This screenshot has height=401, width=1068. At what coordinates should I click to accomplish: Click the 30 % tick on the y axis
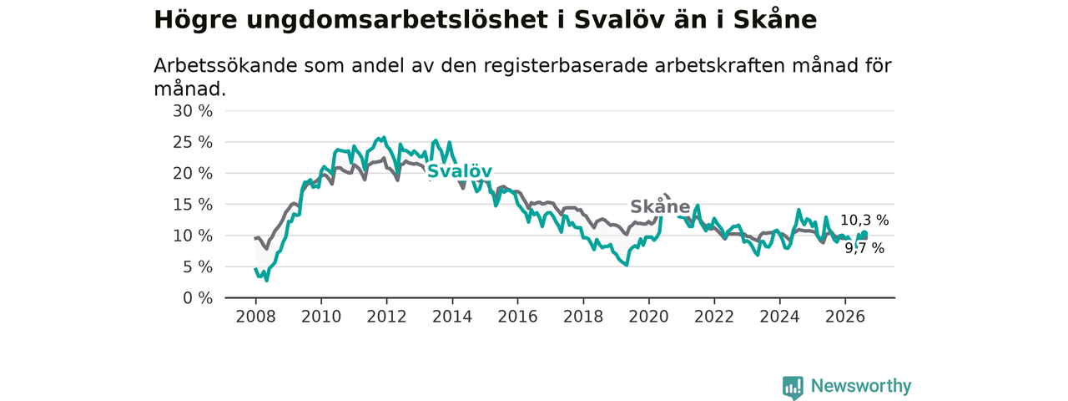click(x=193, y=111)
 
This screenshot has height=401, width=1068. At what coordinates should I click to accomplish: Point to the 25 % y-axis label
click(x=193, y=142)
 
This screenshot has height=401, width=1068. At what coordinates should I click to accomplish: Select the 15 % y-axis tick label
click(x=193, y=205)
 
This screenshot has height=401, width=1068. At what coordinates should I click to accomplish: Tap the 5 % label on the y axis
click(x=198, y=266)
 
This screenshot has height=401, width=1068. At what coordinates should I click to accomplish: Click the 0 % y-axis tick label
click(x=198, y=298)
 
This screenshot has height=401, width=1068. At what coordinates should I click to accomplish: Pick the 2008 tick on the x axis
click(x=255, y=317)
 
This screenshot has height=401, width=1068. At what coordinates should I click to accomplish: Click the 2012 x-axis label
click(x=386, y=317)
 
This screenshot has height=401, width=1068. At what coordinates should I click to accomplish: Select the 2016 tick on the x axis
click(x=518, y=317)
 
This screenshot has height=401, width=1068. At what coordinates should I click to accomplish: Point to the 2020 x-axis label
click(x=649, y=317)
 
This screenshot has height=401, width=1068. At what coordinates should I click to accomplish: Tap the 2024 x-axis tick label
click(x=779, y=317)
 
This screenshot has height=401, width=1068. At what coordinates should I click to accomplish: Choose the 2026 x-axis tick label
click(x=845, y=317)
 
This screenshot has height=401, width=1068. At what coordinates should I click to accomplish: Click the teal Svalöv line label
click(x=459, y=171)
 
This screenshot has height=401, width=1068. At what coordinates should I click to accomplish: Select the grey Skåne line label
click(x=660, y=206)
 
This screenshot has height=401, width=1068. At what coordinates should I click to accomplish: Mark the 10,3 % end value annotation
click(x=864, y=220)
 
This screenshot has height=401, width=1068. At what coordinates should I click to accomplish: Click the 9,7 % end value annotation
click(x=865, y=248)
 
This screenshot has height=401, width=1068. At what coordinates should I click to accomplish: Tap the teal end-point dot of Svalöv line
click(x=864, y=233)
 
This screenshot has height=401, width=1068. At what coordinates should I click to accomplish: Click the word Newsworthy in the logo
click(x=861, y=386)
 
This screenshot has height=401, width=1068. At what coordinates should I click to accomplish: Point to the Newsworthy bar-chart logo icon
click(x=793, y=388)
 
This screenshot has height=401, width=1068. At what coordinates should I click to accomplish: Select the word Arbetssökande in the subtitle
click(x=225, y=66)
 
